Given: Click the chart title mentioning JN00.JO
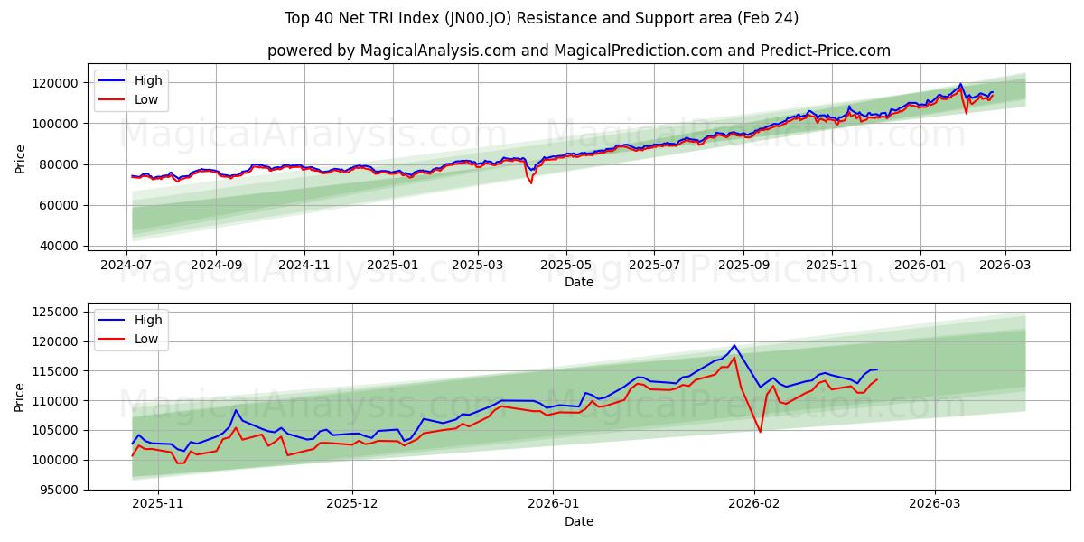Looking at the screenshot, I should tap(542, 18).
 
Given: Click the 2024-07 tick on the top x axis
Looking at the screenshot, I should tap(127, 265).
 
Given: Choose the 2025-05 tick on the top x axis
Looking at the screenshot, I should tap(566, 265).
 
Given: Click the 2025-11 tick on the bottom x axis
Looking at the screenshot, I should tap(158, 503).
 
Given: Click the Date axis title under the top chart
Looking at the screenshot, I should tap(578, 282).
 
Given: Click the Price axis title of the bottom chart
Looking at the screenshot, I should tap(20, 397).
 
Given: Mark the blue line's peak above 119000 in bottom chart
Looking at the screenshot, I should tap(734, 345).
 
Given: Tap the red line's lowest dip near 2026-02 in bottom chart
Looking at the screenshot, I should tap(760, 432).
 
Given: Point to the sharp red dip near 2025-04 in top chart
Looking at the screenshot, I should tap(530, 183).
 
